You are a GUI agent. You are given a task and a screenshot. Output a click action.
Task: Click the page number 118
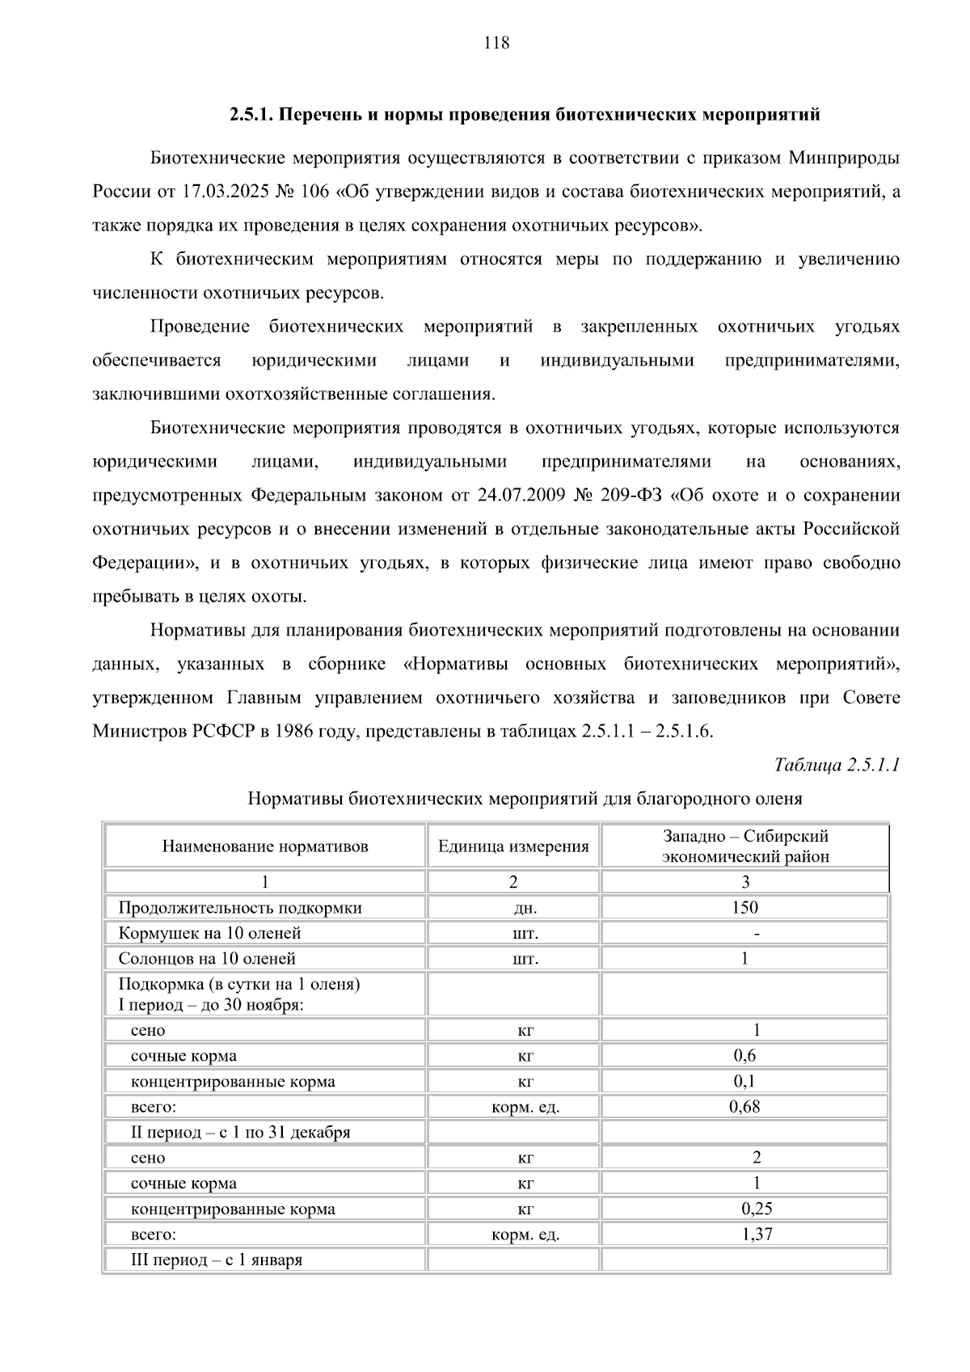[x=496, y=44]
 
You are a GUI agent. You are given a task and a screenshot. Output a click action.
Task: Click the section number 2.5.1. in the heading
[x=252, y=115]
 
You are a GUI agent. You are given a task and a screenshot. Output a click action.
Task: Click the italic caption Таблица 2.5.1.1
[x=837, y=765]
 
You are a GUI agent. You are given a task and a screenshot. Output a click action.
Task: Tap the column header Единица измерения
[x=513, y=846]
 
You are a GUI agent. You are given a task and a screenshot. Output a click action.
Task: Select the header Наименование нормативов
[x=265, y=846]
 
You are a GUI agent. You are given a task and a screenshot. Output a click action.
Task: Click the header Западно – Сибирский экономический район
[x=744, y=846]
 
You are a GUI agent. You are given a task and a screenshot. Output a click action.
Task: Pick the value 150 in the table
[x=744, y=907]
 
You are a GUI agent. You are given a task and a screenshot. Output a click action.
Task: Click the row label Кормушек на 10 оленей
[x=209, y=933]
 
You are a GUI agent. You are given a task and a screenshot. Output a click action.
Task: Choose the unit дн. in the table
[x=525, y=908]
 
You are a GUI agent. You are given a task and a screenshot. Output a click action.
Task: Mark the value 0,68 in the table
[x=744, y=1107]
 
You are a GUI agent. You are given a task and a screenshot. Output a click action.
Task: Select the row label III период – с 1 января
[x=217, y=1260]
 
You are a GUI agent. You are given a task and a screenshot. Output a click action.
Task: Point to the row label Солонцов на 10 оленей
[x=207, y=959]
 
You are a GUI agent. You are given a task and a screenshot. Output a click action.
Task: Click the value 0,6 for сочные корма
[x=744, y=1055]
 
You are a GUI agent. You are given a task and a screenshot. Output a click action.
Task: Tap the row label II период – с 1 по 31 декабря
[x=240, y=1132]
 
